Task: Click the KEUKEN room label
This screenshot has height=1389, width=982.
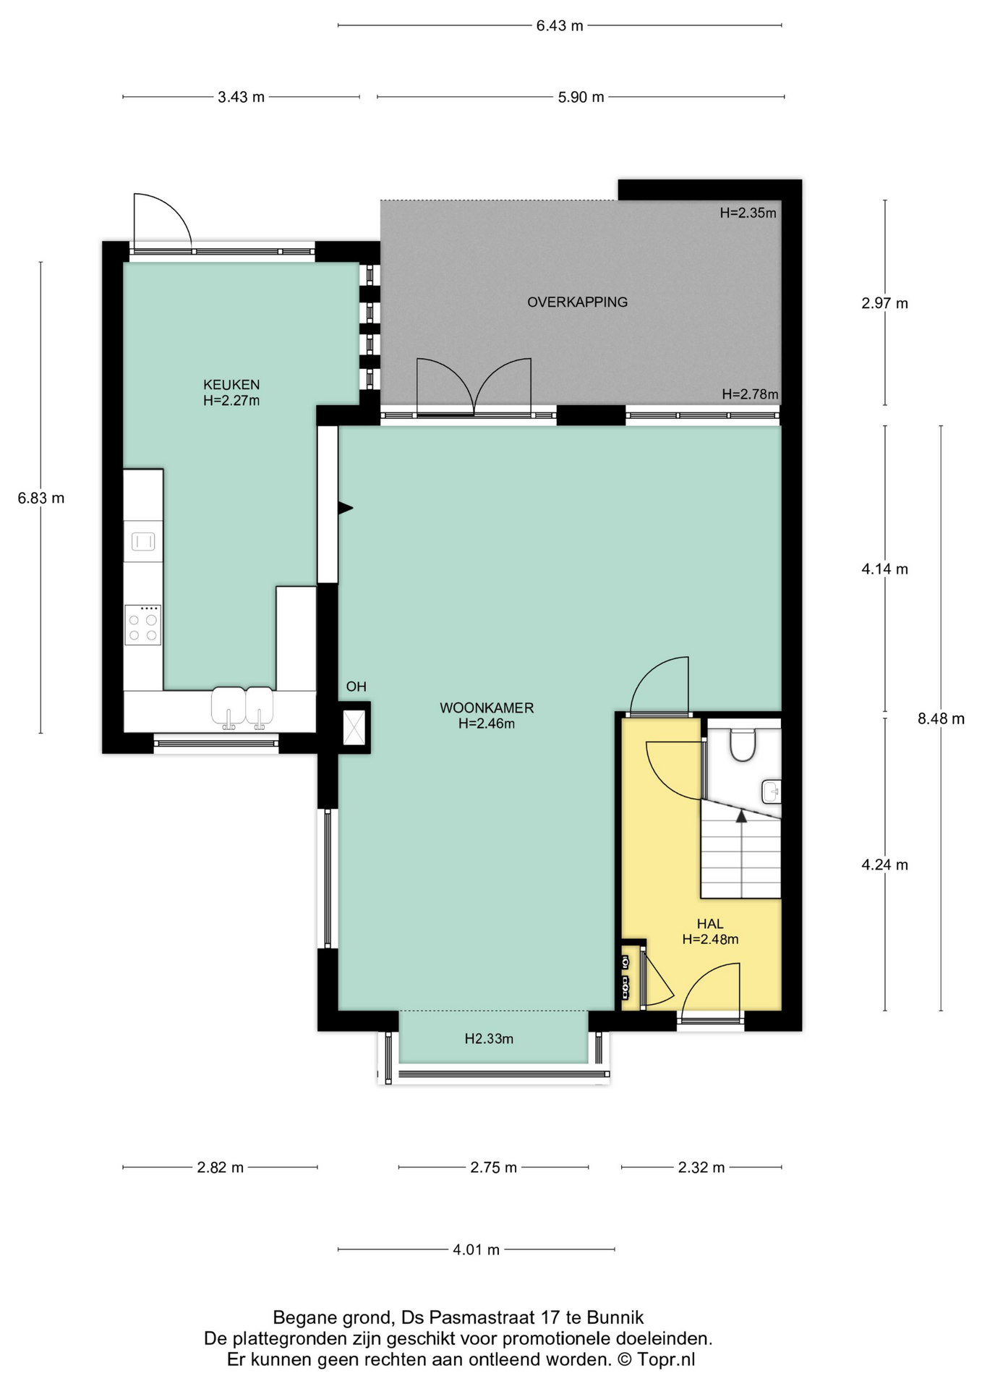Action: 231,385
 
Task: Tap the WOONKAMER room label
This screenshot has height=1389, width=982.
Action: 487,708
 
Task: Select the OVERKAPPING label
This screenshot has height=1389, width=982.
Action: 577,302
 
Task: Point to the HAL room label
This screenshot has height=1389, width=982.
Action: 710,924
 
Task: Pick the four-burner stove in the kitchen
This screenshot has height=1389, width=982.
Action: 142,625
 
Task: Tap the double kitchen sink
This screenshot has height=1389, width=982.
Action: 242,708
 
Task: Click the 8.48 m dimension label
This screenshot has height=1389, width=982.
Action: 941,719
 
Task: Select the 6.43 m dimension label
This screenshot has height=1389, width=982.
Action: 560,26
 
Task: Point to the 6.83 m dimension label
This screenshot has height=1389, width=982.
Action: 41,498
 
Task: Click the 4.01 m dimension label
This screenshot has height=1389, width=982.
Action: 477,1250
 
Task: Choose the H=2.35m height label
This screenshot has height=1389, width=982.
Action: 748,213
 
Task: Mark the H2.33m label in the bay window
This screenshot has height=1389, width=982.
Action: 489,1040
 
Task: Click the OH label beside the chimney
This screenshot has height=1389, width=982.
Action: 356,687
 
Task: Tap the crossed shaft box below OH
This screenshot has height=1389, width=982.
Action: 354,728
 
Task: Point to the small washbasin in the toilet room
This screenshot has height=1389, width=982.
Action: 772,792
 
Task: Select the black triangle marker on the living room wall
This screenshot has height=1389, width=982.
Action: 346,509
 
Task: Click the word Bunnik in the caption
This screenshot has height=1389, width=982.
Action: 615,1317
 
